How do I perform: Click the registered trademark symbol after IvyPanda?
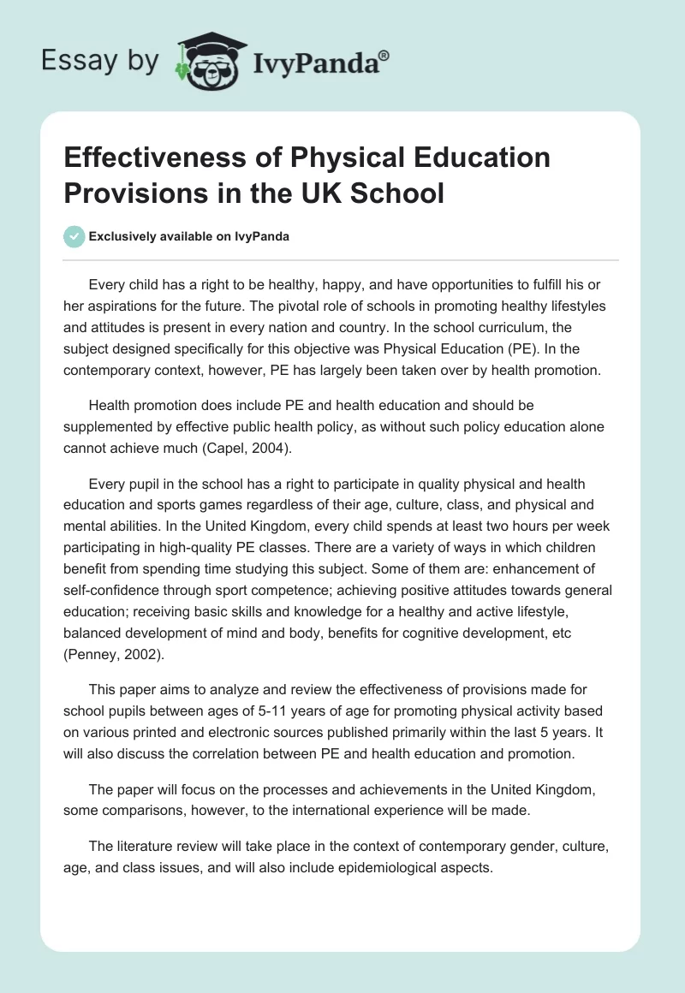tap(384, 55)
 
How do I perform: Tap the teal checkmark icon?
tap(74, 236)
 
